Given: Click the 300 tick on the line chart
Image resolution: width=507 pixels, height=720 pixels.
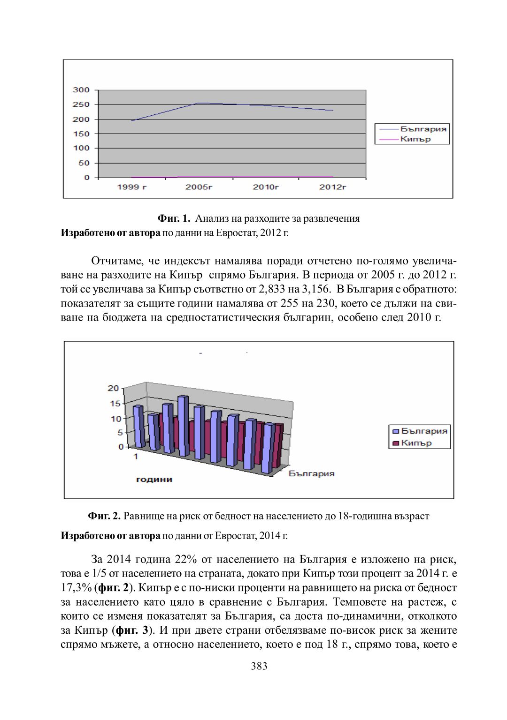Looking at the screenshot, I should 81,90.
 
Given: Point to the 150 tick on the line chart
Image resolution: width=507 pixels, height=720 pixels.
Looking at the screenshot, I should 81,134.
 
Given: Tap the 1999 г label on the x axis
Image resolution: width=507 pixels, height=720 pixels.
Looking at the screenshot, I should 132,187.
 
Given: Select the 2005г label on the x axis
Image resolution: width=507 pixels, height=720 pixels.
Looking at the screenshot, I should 199,187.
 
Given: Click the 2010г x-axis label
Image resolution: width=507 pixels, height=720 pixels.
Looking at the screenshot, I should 266,187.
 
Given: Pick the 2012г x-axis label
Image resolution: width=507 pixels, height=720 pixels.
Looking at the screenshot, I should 333,187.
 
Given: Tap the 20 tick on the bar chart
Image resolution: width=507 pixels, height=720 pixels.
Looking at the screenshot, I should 114,388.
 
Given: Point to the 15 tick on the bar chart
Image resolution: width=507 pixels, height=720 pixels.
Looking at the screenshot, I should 115,404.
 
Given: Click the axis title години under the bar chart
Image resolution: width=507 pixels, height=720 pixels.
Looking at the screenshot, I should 154,480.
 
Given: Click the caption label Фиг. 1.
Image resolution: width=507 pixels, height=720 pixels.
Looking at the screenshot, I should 174,218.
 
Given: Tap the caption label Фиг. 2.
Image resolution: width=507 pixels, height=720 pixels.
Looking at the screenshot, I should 104,516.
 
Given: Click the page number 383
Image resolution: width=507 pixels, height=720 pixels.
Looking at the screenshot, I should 259,666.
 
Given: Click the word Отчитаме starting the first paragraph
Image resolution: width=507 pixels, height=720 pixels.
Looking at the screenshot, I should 117,261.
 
